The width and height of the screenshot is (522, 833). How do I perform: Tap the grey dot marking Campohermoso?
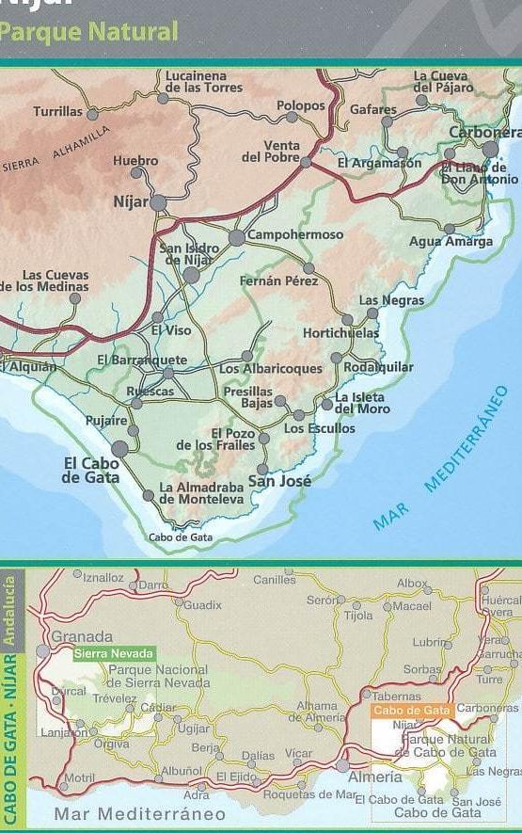(x=237, y=238)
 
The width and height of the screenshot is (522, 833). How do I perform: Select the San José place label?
(x=279, y=482)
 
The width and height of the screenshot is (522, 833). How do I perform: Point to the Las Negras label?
(x=391, y=300)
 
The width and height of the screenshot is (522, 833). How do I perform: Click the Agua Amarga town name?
(x=451, y=242)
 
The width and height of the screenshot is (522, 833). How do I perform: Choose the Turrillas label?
(x=57, y=111)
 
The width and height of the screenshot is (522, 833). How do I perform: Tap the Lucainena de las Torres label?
(x=203, y=82)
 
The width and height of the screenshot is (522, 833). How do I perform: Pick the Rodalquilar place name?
(x=378, y=367)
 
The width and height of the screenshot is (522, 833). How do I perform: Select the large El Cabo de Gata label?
(x=91, y=470)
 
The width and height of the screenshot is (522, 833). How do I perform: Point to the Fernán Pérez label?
(x=278, y=280)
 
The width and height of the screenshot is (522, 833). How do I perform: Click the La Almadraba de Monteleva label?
(x=201, y=493)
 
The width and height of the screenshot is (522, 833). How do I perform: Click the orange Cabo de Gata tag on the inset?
(x=411, y=711)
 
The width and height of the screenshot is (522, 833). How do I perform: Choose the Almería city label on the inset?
(x=375, y=777)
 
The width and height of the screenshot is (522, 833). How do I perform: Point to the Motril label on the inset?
(x=80, y=779)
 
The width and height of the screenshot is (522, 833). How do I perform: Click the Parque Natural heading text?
(x=89, y=32)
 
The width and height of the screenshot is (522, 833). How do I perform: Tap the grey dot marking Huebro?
(x=137, y=173)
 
